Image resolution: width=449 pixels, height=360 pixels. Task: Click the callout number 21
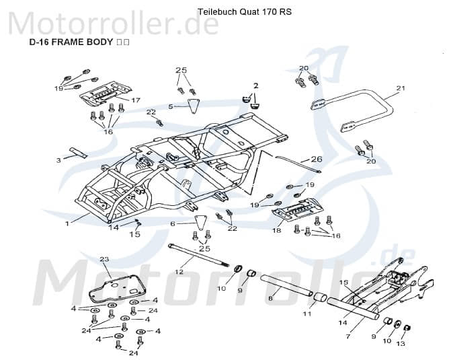(x=401, y=88)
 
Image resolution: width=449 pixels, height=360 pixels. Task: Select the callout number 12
(x=179, y=271)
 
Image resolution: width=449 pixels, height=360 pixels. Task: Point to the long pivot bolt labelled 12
(x=199, y=255)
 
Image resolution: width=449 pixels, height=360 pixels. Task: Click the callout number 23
(x=104, y=259)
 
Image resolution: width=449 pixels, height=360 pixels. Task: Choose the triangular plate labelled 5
(x=194, y=106)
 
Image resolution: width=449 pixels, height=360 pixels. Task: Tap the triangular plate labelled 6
(x=202, y=222)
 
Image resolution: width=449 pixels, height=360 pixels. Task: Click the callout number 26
(x=317, y=159)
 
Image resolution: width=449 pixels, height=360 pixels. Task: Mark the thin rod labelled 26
(x=298, y=164)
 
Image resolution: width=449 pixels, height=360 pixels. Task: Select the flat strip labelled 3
(x=78, y=153)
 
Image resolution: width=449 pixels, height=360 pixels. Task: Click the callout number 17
(x=136, y=100)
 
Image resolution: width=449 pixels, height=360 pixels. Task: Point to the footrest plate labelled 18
(x=298, y=209)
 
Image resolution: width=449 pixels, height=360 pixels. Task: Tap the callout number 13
(x=401, y=343)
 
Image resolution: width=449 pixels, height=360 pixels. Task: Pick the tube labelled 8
(x=286, y=285)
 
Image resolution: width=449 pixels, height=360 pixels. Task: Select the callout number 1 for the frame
(x=67, y=223)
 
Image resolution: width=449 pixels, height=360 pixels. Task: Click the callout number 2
(x=255, y=85)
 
